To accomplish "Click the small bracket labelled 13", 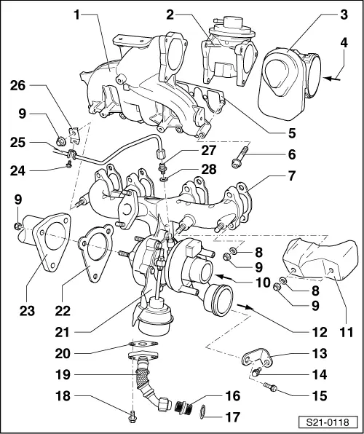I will click(256, 360).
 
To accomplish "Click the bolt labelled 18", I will click(131, 415).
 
